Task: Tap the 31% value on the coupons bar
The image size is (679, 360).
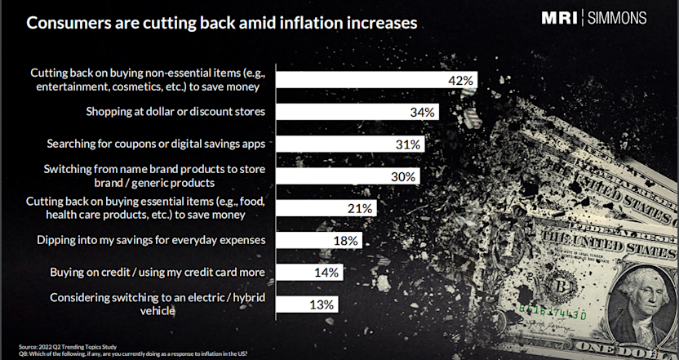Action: pyautogui.click(x=408, y=144)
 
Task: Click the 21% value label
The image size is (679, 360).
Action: pyautogui.click(x=361, y=208)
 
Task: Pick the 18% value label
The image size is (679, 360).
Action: pyautogui.click(x=346, y=240)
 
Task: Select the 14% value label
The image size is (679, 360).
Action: pyautogui.click(x=326, y=272)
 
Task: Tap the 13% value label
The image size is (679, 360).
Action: pyautogui.click(x=321, y=304)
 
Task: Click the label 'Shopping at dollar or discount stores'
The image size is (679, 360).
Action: pyautogui.click(x=181, y=112)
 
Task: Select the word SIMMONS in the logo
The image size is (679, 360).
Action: pyautogui.click(x=618, y=18)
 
